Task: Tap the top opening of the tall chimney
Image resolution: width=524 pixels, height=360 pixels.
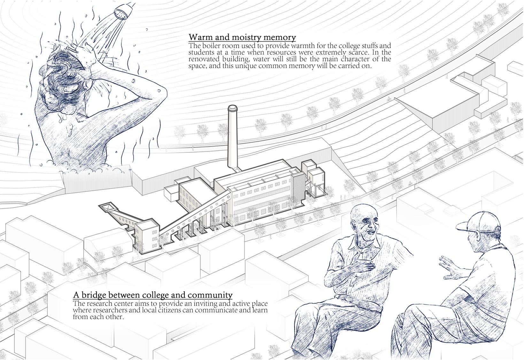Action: point(233,108)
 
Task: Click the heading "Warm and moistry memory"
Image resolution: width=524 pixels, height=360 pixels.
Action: point(242,37)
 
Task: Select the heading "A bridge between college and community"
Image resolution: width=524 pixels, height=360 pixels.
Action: point(153,295)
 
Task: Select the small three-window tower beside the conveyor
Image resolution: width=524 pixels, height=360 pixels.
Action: point(147,236)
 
